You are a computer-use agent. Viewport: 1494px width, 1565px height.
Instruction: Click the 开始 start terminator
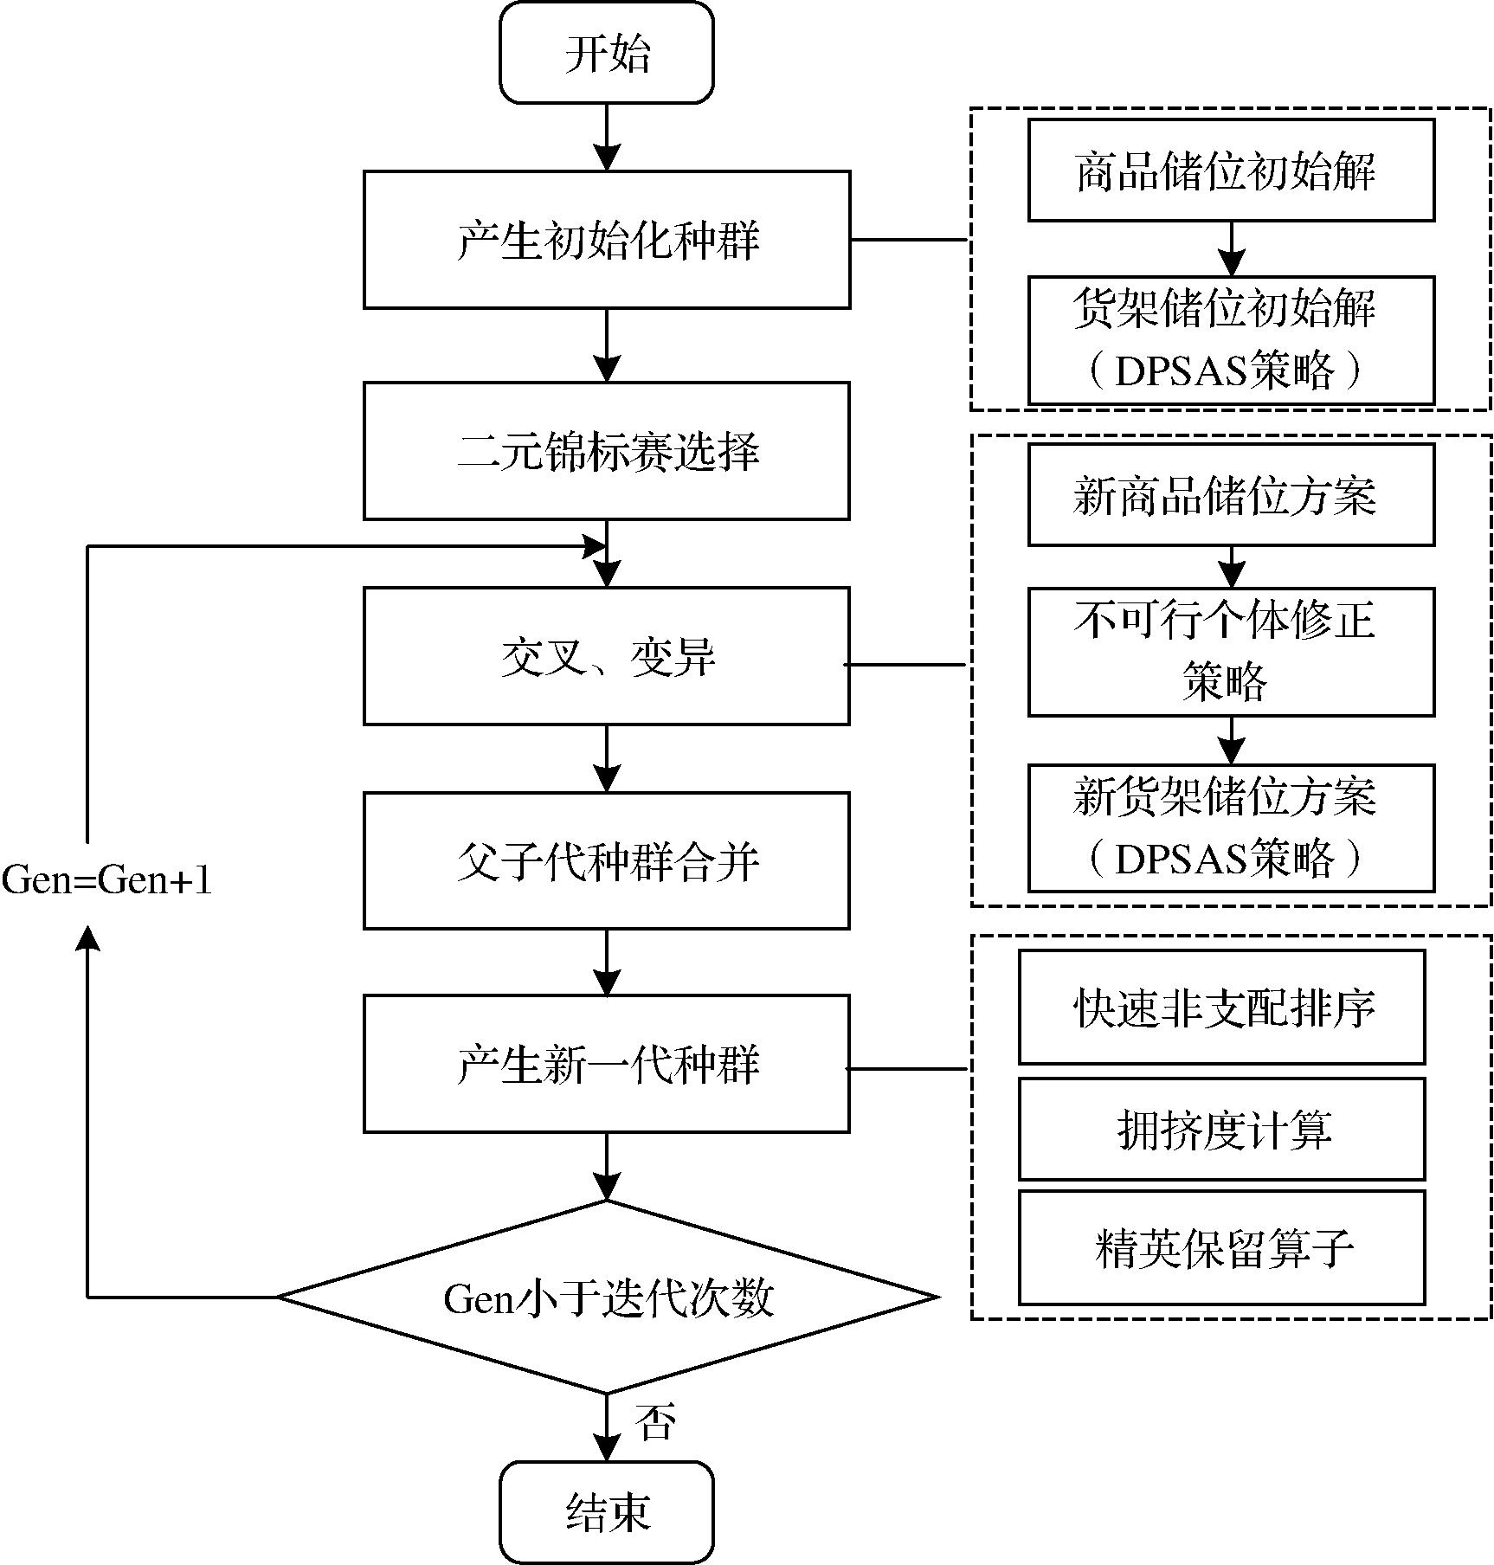pyautogui.click(x=607, y=54)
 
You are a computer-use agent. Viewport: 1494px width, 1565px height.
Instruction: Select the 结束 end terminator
pyautogui.click(x=607, y=1513)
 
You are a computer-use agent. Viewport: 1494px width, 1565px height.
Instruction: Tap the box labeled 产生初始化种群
pyautogui.click(x=607, y=240)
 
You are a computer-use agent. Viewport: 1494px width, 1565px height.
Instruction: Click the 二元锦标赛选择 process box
pyautogui.click(x=607, y=451)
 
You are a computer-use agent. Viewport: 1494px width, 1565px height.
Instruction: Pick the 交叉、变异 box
pyautogui.click(x=607, y=656)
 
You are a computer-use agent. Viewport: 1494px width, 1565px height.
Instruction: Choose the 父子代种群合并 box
pyautogui.click(x=607, y=861)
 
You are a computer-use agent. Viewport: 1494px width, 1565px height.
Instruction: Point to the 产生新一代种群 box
pyautogui.click(x=607, y=1065)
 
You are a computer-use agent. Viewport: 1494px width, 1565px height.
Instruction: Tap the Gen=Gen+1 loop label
pyautogui.click(x=106, y=880)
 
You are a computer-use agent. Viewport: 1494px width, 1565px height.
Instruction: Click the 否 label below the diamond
pyautogui.click(x=654, y=1422)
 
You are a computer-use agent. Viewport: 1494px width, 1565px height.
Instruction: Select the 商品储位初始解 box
pyautogui.click(x=1231, y=170)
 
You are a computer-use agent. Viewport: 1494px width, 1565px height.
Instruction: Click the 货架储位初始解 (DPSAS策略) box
pyautogui.click(x=1231, y=340)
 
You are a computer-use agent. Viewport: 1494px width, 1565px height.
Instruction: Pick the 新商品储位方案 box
pyautogui.click(x=1231, y=495)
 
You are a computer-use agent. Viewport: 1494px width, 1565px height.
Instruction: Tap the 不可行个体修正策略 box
pyautogui.click(x=1231, y=652)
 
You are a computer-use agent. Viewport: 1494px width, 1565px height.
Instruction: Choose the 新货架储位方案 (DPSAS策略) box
pyautogui.click(x=1231, y=828)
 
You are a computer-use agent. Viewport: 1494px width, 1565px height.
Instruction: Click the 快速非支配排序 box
pyautogui.click(x=1221, y=1008)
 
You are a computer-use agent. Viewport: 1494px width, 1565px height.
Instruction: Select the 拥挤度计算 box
pyautogui.click(x=1221, y=1130)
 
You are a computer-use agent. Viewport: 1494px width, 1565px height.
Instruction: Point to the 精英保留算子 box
pyautogui.click(x=1221, y=1248)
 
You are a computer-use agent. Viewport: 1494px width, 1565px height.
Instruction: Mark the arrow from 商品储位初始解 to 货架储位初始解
pyautogui.click(x=1231, y=248)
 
